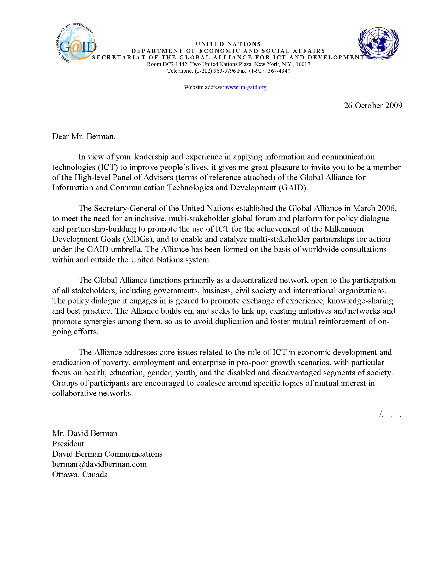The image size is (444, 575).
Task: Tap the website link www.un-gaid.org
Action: pyautogui.click(x=246, y=87)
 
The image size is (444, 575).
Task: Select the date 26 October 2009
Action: pyautogui.click(x=373, y=105)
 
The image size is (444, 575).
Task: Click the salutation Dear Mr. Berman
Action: pyautogui.click(x=84, y=136)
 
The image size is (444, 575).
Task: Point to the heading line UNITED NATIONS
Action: pyautogui.click(x=228, y=44)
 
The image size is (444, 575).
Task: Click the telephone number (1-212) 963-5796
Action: pyautogui.click(x=215, y=71)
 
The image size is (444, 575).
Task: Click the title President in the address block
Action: pyautogui.click(x=68, y=444)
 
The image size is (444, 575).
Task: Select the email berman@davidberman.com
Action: pyautogui.click(x=100, y=464)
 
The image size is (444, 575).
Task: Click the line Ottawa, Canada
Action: pyautogui.click(x=80, y=474)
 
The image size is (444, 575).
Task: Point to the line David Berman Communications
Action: pyautogui.click(x=107, y=454)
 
